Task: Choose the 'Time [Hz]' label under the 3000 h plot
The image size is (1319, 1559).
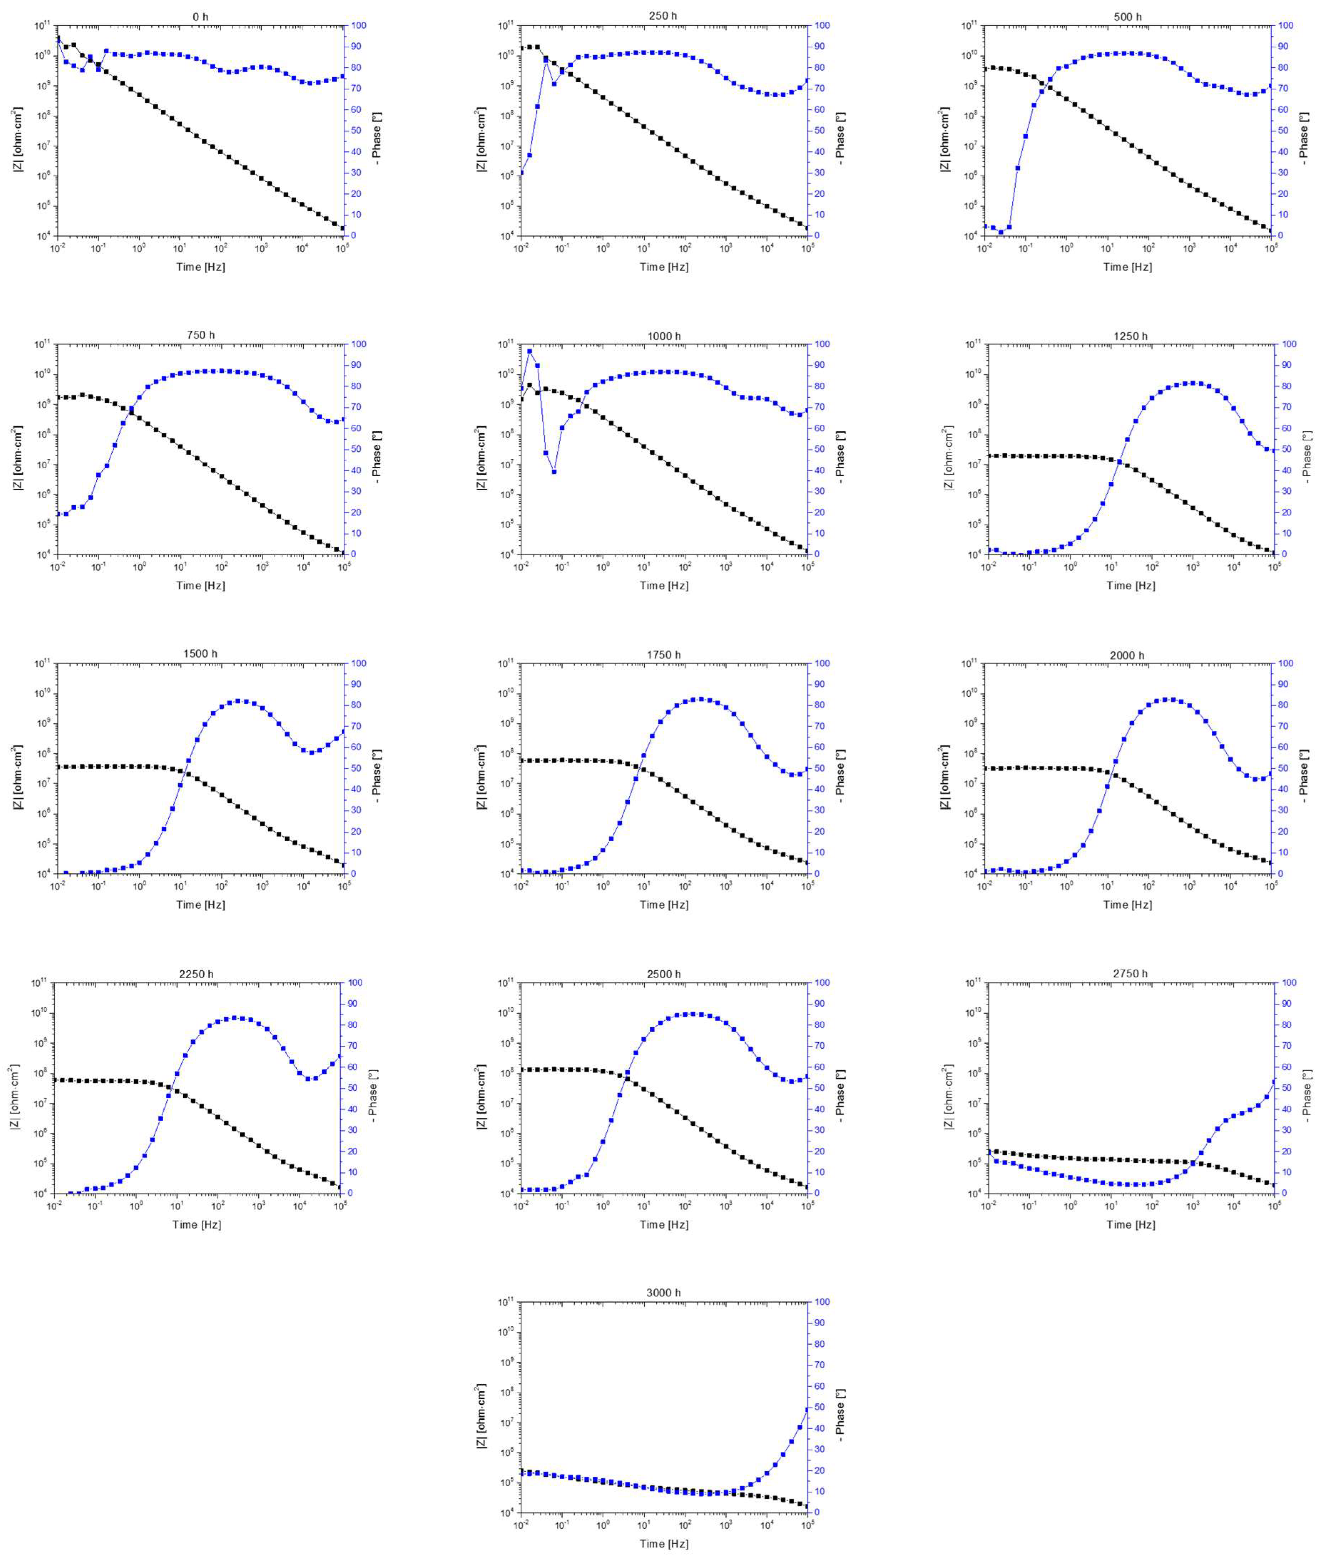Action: [664, 1543]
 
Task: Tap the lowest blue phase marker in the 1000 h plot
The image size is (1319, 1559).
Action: [554, 471]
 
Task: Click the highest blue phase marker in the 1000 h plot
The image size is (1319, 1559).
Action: [530, 351]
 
